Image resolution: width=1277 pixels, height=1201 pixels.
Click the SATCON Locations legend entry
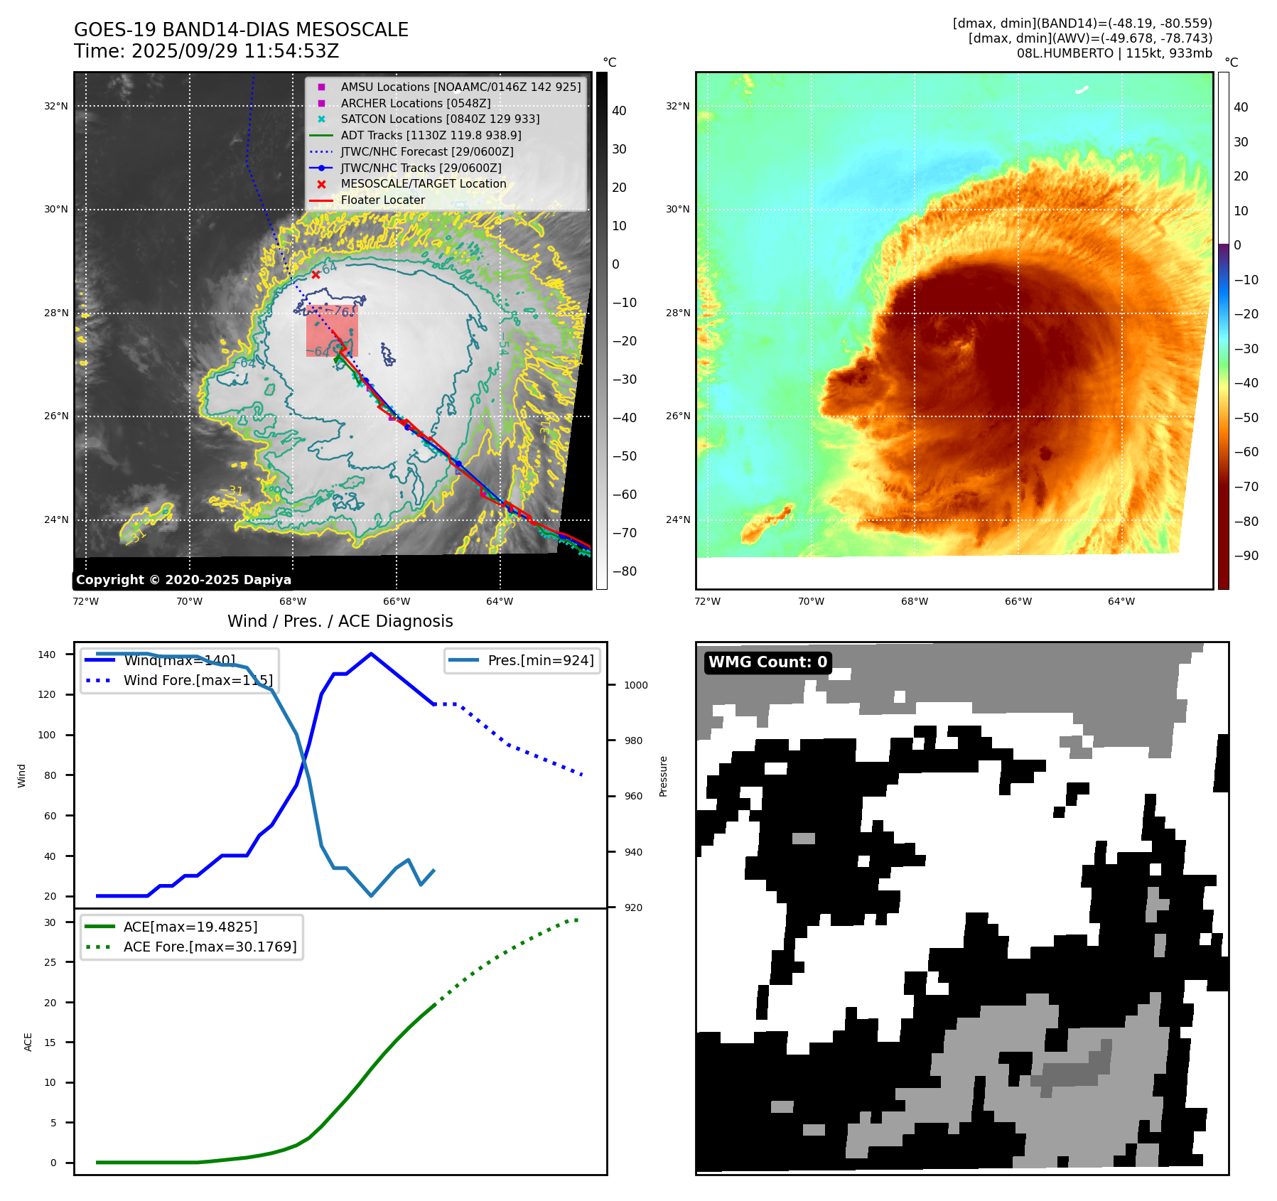point(440,119)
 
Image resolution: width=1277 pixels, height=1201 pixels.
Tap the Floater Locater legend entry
point(382,200)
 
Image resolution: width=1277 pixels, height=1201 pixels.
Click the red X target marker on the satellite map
point(316,275)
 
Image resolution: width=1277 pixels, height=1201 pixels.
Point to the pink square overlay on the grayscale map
point(332,331)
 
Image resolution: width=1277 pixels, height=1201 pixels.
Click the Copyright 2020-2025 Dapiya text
point(183,580)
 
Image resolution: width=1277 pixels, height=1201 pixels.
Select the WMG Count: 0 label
point(767,662)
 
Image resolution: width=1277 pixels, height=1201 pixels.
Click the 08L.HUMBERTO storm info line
point(1114,53)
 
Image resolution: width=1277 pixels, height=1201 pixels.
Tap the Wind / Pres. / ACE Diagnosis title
point(340,621)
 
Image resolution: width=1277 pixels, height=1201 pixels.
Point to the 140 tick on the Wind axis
point(47,655)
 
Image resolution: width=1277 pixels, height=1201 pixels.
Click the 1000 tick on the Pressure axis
point(635,685)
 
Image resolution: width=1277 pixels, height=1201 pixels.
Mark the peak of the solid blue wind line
point(371,654)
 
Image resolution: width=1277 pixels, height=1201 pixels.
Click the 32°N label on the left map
point(56,107)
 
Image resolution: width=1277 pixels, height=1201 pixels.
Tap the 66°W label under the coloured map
point(1018,601)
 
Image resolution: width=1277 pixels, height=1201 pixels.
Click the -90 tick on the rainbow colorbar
point(1246,556)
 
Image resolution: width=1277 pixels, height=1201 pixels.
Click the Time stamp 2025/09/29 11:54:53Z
point(206,51)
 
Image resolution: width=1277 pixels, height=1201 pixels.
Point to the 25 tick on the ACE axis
point(50,962)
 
